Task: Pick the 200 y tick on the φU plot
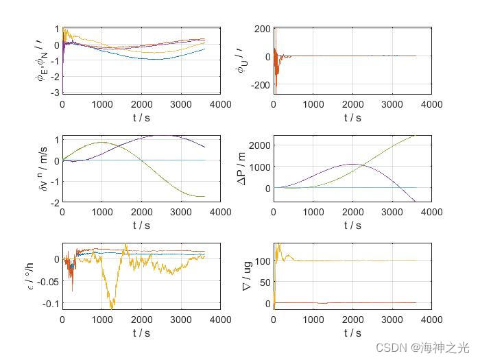[263, 29]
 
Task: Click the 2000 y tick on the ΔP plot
[261, 145]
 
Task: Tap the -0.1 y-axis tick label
[51, 303]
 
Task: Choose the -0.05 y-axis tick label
[49, 281]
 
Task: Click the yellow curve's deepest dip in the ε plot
[110, 307]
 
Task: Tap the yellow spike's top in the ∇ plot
[278, 243]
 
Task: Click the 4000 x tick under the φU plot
[431, 104]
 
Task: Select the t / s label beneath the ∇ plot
[352, 333]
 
